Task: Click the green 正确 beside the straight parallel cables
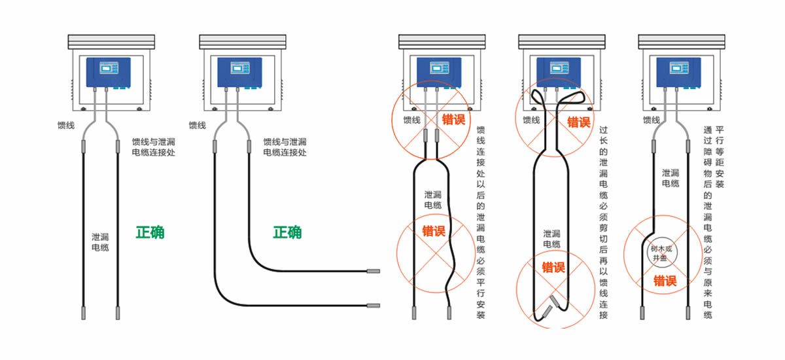(150, 232)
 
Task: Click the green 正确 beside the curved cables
(287, 232)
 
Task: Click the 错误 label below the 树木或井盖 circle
(665, 281)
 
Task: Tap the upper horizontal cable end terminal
(374, 270)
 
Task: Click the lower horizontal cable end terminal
(374, 304)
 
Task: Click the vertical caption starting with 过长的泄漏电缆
(603, 223)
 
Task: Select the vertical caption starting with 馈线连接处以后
(481, 223)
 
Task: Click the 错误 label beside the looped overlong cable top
(578, 122)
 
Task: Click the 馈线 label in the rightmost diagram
(651, 120)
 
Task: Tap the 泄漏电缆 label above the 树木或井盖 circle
(671, 178)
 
